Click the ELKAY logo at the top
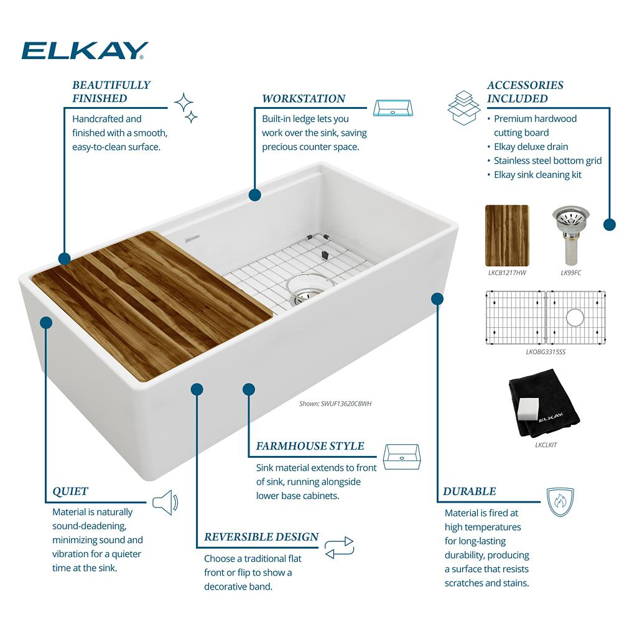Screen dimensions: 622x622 [x=85, y=50]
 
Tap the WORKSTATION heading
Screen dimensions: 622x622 [x=304, y=99]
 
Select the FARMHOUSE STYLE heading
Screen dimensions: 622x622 [x=310, y=446]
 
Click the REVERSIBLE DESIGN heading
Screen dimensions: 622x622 [x=261, y=537]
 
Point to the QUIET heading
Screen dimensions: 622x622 [x=70, y=491]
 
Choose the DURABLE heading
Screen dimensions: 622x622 [x=470, y=491]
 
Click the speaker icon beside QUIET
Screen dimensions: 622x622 [x=166, y=503]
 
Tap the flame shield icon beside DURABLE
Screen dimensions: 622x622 [x=560, y=502]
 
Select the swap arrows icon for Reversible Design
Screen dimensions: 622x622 [x=339, y=548]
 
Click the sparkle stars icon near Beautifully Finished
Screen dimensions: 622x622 [x=186, y=108]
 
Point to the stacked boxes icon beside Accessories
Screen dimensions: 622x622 [x=464, y=108]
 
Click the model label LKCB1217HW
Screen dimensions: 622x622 [x=507, y=273]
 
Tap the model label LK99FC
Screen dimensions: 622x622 [x=571, y=273]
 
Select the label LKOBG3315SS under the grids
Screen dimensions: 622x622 [x=545, y=352]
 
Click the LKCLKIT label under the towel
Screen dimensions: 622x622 [x=546, y=445]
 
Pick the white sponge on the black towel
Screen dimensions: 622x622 [x=528, y=409]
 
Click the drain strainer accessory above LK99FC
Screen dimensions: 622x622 [x=570, y=236]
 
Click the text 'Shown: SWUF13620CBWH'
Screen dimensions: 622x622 [x=335, y=404]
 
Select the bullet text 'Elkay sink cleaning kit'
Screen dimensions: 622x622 [x=537, y=175]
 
